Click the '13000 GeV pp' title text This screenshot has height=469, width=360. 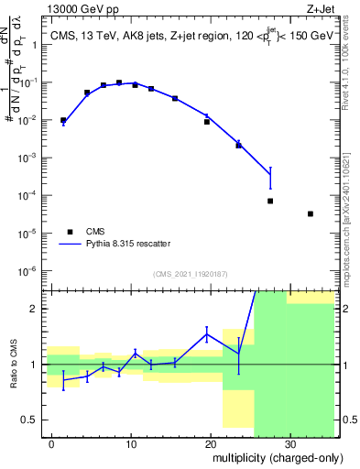click(83, 10)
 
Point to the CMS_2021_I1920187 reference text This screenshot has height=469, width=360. click(190, 273)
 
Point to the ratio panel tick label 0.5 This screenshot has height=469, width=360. click(34, 420)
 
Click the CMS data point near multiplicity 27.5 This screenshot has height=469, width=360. click(270, 201)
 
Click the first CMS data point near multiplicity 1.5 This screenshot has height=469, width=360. click(63, 120)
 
